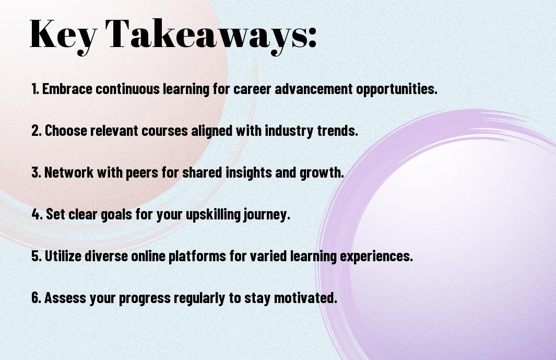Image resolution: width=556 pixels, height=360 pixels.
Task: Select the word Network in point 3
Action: tap(69, 172)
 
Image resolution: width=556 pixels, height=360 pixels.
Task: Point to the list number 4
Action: tap(37, 214)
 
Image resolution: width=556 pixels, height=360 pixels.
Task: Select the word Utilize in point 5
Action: tap(63, 256)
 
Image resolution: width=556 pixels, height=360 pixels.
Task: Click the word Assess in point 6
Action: tap(65, 298)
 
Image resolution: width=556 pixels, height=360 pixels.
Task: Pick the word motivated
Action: tap(305, 298)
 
